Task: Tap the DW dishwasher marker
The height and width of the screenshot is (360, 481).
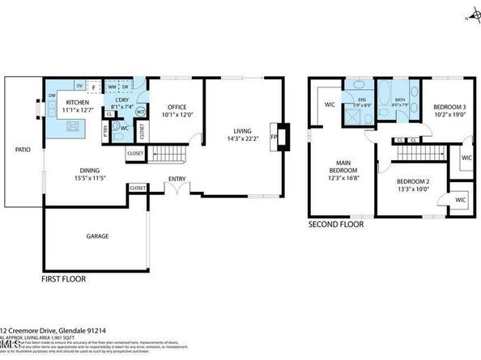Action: pos(52,95)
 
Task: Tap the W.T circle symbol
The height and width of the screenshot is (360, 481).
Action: pos(139,112)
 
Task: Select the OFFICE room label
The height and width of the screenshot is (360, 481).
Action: pos(177,108)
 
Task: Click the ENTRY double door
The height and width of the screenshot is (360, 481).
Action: pos(177,188)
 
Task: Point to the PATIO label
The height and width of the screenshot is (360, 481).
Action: pos(23,150)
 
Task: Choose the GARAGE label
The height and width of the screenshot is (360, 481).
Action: pos(98,236)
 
